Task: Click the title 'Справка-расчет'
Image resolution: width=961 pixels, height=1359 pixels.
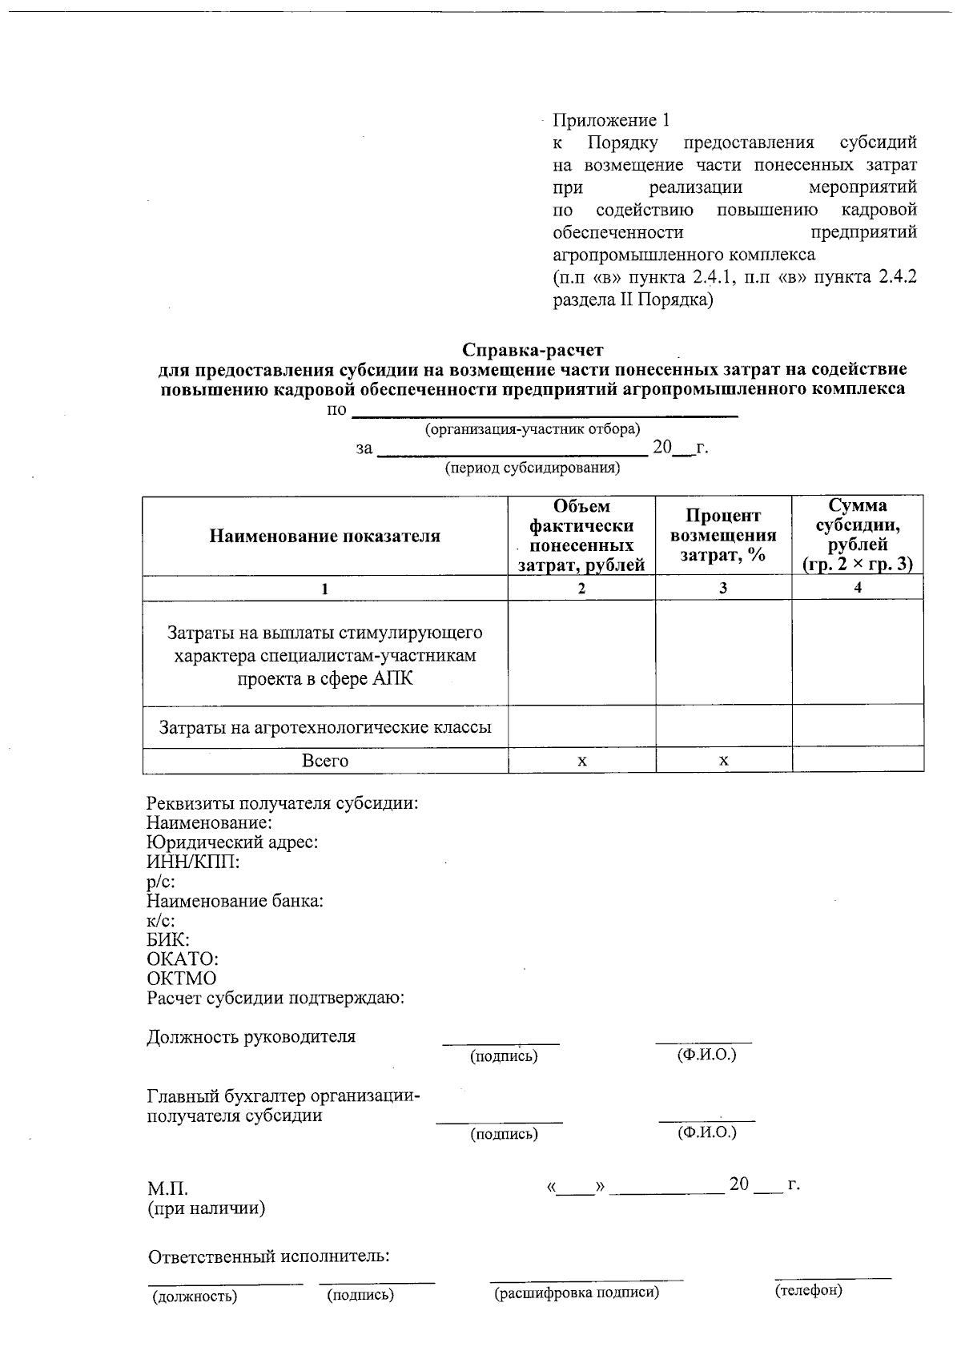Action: point(533,350)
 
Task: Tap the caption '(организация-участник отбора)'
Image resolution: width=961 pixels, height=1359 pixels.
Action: point(533,429)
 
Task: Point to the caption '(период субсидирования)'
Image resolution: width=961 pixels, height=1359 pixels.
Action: point(533,468)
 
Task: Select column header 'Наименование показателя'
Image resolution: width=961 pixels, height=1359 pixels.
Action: point(324,536)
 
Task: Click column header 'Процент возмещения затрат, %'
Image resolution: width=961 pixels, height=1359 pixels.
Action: point(723,536)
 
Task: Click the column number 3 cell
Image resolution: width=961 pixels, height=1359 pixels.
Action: point(723,588)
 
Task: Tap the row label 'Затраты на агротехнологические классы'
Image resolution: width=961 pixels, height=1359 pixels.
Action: point(324,727)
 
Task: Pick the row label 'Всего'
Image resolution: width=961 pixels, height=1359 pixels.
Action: point(324,761)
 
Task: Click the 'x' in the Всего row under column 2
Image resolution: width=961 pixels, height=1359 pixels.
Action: point(582,761)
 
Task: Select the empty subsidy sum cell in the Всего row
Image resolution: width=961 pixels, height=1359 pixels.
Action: point(857,761)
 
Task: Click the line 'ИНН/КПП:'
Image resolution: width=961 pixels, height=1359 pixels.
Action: point(193,862)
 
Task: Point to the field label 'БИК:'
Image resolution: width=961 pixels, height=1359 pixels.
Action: point(168,940)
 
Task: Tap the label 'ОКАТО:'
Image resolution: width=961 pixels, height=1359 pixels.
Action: point(183,959)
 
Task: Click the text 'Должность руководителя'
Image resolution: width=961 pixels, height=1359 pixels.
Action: point(251,1037)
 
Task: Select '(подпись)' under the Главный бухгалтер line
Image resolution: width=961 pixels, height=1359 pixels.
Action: point(504,1134)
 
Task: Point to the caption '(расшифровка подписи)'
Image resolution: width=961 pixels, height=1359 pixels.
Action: point(577,1293)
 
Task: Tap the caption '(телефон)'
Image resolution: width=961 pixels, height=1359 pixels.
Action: point(808,1291)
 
